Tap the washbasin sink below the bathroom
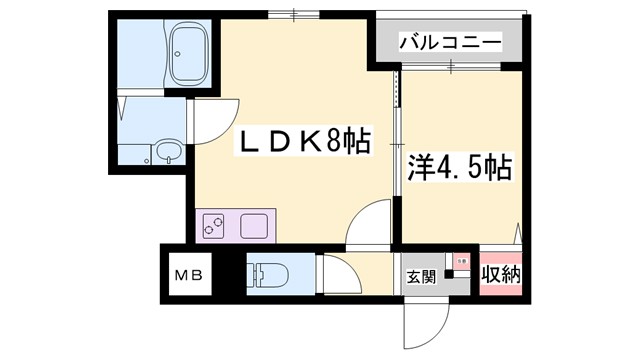click(x=167, y=154)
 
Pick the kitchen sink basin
click(x=253, y=225)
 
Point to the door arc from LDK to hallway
click(x=367, y=222)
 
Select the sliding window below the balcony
click(x=451, y=68)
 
